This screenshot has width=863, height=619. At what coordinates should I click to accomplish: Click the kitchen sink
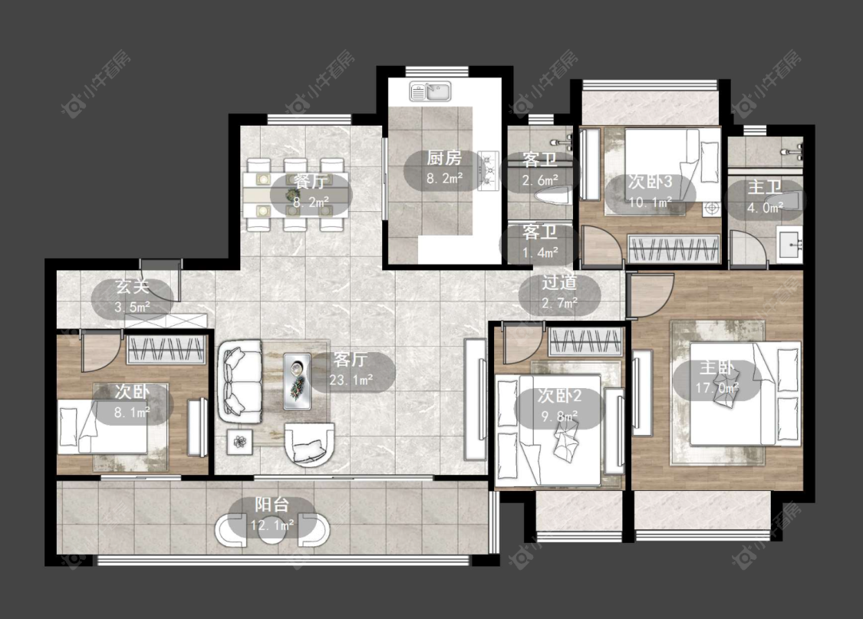pyautogui.click(x=430, y=91)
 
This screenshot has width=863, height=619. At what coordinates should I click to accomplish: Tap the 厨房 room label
pyautogui.click(x=444, y=159)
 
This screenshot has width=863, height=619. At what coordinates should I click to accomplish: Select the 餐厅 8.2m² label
pyautogui.click(x=311, y=192)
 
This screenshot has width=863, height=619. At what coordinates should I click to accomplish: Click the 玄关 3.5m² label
pyautogui.click(x=133, y=297)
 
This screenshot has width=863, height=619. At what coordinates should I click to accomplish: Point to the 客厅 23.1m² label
pyautogui.click(x=351, y=370)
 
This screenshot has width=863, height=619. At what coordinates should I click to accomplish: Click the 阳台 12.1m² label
pyautogui.click(x=272, y=515)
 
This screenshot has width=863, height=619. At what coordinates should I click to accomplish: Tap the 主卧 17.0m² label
pyautogui.click(x=716, y=378)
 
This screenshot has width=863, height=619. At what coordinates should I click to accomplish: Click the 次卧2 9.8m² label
pyautogui.click(x=559, y=406)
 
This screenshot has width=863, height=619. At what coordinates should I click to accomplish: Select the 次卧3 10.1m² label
pyautogui.click(x=651, y=192)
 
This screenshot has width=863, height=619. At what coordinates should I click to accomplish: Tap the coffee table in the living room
pyautogui.click(x=297, y=380)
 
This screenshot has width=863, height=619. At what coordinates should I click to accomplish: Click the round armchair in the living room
pyautogui.click(x=309, y=444)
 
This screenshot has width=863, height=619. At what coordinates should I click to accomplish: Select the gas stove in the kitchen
pyautogui.click(x=488, y=170)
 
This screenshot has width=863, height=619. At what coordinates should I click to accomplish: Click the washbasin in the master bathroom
pyautogui.click(x=790, y=244)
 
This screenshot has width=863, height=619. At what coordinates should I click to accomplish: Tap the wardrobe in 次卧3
pyautogui.click(x=674, y=249)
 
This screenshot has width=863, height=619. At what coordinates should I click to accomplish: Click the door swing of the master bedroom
pyautogui.click(x=651, y=295)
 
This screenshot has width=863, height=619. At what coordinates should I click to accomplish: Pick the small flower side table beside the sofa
pyautogui.click(x=239, y=442)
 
